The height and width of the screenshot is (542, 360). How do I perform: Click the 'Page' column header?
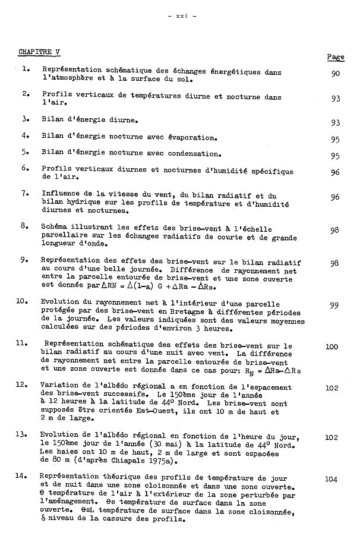tap(336, 56)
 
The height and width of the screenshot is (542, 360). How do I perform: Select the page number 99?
tap(334, 305)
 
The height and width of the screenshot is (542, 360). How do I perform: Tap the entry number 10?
tap(23, 301)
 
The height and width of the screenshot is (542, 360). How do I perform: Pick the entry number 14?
tap(23, 475)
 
